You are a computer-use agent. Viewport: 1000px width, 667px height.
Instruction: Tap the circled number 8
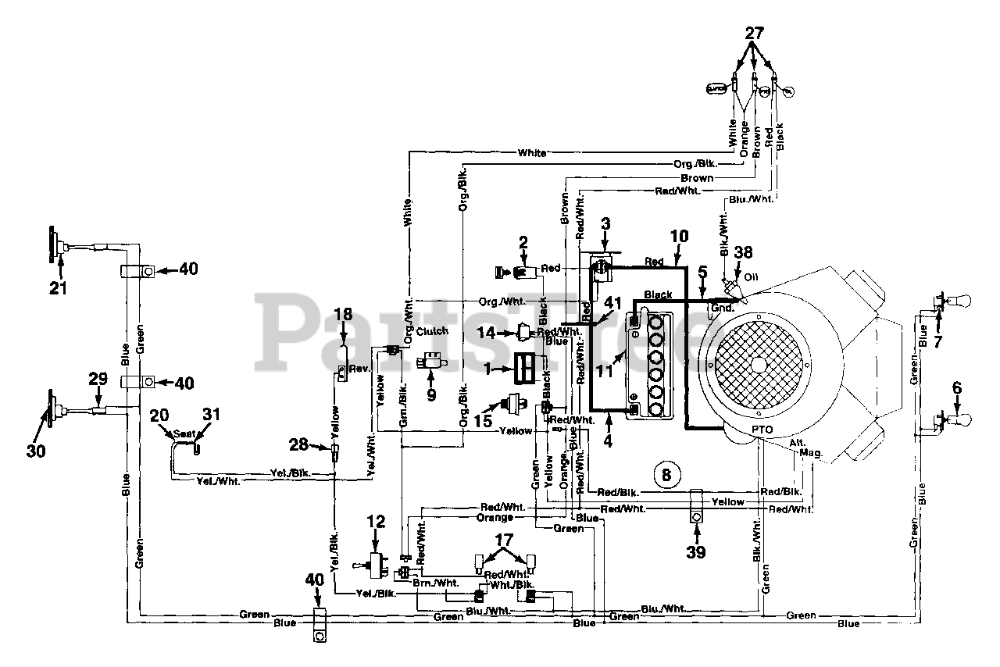coord(666,473)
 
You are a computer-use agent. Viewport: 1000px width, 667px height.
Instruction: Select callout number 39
coord(695,552)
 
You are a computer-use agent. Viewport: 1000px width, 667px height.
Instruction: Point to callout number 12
coord(377,521)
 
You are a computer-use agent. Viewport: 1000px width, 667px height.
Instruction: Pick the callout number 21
coord(59,287)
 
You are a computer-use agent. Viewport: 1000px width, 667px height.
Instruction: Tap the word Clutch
coord(432,331)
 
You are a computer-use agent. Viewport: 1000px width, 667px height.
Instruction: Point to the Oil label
coord(751,277)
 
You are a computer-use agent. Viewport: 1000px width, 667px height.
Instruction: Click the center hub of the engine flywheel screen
coord(759,365)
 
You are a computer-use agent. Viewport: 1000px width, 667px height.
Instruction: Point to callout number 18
coord(344,314)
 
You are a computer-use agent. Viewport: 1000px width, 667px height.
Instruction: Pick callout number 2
coord(523,242)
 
